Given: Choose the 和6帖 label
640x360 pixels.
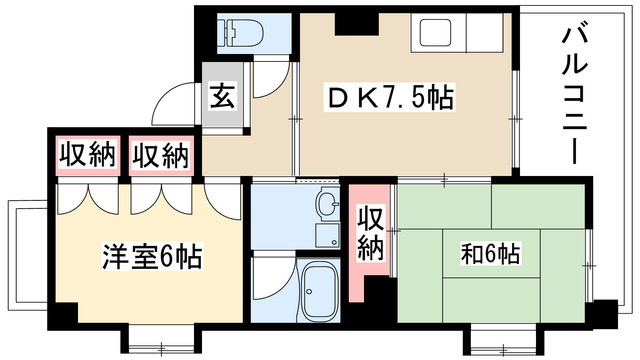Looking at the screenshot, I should (x=489, y=254).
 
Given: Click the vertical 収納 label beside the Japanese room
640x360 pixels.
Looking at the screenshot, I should (x=371, y=233).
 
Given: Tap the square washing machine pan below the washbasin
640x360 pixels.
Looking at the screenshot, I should (x=326, y=236).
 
